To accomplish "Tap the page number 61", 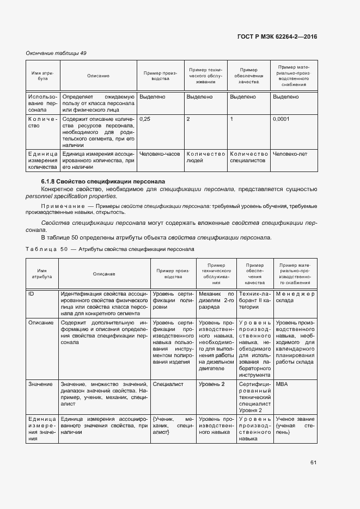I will click(313, 462).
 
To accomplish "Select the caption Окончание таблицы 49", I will click(56, 53).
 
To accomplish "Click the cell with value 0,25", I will click(145, 118).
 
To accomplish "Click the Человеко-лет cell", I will click(290, 154).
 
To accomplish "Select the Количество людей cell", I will click(205, 157).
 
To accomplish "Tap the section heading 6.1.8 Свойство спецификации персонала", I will click(103, 181).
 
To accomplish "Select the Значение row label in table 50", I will click(40, 384).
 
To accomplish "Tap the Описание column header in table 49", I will click(98, 76).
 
